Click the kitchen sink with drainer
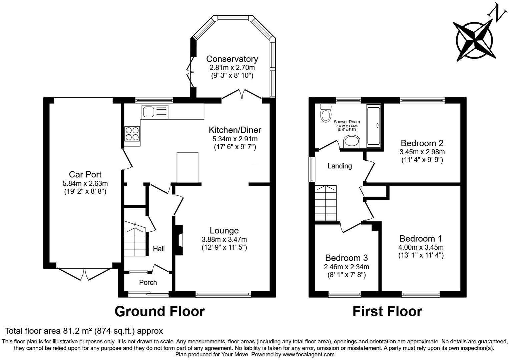coord(155,112)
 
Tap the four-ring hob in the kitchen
coord(132,134)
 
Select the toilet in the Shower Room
coord(326,113)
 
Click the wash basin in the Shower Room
coord(352,142)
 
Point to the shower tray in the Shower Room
coord(374,125)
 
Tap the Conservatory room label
coord(232,59)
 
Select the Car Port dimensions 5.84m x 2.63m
coord(85,183)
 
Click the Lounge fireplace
coord(179,240)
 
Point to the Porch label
coord(148,283)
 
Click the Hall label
coord(159,249)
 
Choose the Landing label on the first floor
coord(340,166)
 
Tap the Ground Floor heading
coord(159,311)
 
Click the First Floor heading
coord(387,311)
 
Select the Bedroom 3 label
coord(346,258)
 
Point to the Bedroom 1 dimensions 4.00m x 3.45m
coord(421,247)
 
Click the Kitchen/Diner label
coord(235,130)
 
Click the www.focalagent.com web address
coord(308,354)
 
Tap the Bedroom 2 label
coord(422,143)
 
